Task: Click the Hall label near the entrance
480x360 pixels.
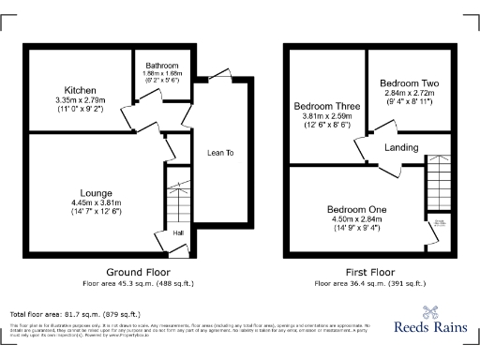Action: click(177, 232)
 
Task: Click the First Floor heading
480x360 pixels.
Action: click(370, 270)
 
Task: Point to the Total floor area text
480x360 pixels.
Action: click(75, 314)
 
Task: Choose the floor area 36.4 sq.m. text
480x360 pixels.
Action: click(369, 281)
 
